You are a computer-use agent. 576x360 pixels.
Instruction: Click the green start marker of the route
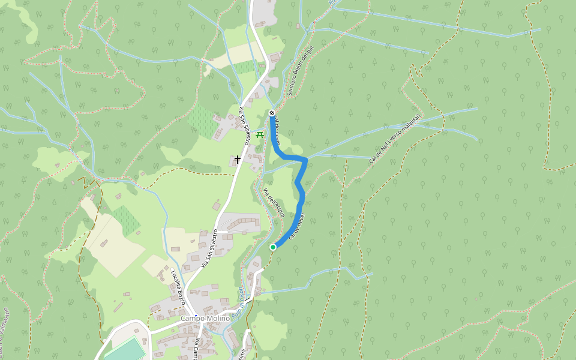[x=273, y=247]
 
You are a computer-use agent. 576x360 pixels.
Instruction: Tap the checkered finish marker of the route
[x=272, y=113]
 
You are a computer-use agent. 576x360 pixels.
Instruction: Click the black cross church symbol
[x=238, y=159]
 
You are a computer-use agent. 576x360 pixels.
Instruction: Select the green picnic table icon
[x=260, y=135]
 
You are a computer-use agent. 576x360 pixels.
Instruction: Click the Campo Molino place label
[x=205, y=318]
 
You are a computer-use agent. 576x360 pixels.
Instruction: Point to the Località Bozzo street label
[x=178, y=287]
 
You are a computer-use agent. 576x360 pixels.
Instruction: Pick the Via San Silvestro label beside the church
[x=244, y=126]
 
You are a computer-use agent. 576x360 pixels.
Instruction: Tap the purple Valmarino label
[x=5, y=324]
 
